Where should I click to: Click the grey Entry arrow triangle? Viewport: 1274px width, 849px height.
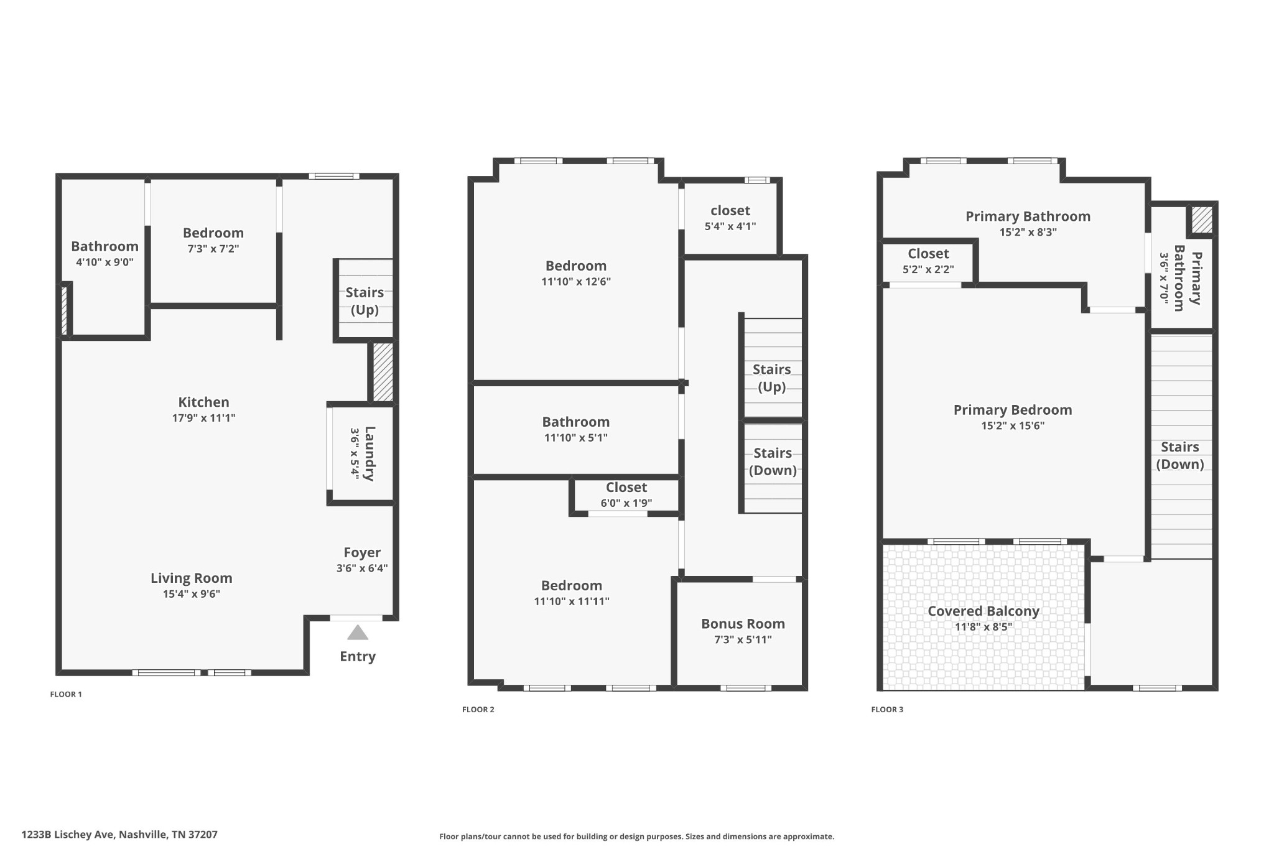pos(358,633)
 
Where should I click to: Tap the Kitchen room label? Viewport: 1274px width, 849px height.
pos(203,402)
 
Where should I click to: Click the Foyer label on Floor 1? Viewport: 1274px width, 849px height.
pos(362,552)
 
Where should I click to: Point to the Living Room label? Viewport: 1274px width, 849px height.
pos(192,578)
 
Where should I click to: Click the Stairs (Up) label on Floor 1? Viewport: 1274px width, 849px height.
pos(365,300)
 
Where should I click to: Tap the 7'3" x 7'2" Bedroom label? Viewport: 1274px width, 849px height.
pos(213,233)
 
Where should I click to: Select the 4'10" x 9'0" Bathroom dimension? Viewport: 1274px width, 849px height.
pos(105,262)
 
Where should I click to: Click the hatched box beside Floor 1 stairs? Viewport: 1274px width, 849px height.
pos(383,372)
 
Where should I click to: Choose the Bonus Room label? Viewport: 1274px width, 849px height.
pos(743,624)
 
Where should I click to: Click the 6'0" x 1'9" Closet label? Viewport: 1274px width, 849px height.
pos(626,488)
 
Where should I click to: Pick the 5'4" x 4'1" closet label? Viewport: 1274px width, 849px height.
pos(730,211)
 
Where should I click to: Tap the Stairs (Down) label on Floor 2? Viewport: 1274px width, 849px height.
pos(773,462)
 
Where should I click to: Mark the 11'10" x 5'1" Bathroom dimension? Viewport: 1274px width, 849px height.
pos(575,438)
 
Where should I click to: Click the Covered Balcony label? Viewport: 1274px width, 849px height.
pos(983,611)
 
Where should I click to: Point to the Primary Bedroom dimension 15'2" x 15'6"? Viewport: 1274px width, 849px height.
pos(1013,426)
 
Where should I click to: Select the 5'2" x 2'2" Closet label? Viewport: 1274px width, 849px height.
pos(928,254)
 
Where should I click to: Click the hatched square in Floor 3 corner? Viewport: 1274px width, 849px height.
pos(1202,220)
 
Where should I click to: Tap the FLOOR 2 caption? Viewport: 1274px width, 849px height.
pos(478,709)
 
